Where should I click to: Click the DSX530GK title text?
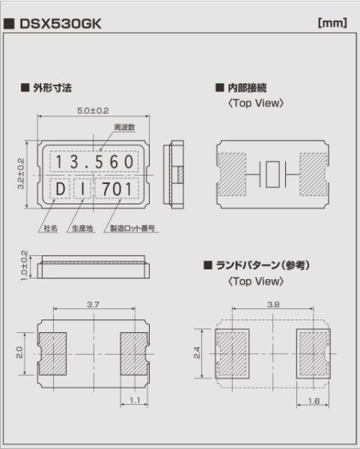coord(61,24)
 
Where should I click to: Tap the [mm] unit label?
coord(332,22)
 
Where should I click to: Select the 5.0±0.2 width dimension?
coord(93,111)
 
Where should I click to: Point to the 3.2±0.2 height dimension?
coord(21,174)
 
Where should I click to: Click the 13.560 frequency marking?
coord(94,162)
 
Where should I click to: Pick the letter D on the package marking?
coord(60,189)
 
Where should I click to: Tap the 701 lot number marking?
coord(118,189)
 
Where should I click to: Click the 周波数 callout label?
coord(124,127)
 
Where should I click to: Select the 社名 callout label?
coord(50,228)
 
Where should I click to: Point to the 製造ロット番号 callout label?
coord(132,228)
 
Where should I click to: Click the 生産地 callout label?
coord(82,228)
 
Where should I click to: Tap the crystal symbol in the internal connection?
coord(272,174)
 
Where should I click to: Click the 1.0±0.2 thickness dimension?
coord(25,266)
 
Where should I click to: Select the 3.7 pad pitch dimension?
coord(93,305)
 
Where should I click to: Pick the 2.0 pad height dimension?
coord(19,352)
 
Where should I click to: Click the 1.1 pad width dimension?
coord(135,400)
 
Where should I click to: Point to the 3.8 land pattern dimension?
coord(273,305)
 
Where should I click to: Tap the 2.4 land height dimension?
coord(198,352)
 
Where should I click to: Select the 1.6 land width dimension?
coord(314,401)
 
